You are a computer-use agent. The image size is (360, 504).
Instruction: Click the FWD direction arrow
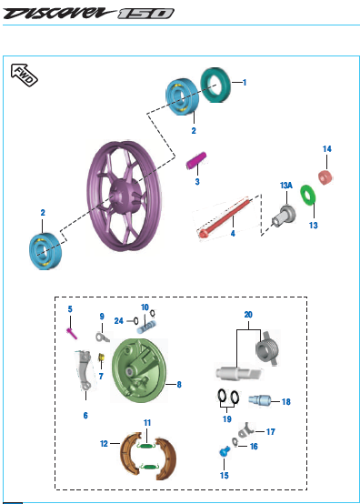click(x=24, y=75)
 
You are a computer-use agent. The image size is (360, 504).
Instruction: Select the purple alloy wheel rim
click(x=124, y=197)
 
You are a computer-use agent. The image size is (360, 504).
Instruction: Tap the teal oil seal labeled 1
click(x=215, y=85)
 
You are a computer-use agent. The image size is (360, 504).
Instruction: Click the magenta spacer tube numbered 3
click(x=196, y=160)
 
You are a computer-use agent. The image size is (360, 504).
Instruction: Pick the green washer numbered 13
click(x=307, y=195)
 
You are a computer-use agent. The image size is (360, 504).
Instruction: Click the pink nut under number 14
click(x=325, y=177)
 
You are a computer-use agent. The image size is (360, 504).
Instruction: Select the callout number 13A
click(x=286, y=186)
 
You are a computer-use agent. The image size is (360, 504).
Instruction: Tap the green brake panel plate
click(x=139, y=370)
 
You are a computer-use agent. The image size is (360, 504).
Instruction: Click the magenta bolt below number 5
click(x=72, y=333)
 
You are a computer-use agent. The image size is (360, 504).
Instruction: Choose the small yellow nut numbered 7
click(x=101, y=358)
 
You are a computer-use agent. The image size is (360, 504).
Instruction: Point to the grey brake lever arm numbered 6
click(x=85, y=370)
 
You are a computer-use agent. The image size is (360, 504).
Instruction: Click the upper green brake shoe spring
click(x=146, y=446)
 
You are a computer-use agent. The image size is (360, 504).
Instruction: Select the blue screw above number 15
click(x=225, y=452)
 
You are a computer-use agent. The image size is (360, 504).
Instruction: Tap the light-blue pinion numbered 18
click(x=259, y=401)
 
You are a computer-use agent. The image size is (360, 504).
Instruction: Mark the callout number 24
click(x=119, y=321)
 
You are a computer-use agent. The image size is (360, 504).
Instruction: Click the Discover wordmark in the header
click(x=59, y=13)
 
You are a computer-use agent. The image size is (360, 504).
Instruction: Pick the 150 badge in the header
click(x=145, y=14)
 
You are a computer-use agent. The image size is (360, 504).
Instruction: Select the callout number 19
click(x=227, y=419)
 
